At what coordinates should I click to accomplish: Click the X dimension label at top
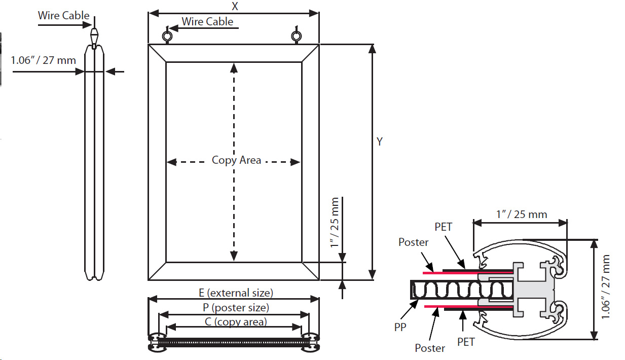235,7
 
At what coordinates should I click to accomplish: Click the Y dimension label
379,142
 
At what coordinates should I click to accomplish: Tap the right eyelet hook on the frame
297,35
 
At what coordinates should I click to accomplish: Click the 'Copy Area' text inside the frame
236,160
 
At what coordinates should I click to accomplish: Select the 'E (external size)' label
236,293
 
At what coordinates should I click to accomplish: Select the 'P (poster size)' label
236,307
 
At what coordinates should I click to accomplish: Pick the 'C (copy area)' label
236,321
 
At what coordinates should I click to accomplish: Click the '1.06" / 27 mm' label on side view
44,60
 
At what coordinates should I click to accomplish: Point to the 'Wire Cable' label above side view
63,15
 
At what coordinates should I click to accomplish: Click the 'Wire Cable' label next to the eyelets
207,21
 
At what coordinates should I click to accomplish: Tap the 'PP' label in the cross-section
400,328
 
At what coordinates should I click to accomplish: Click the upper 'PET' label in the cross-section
443,227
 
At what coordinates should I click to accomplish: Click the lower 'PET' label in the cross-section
465,342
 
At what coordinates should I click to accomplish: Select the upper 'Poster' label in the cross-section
413,242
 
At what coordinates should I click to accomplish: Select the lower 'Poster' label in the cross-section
430,348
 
